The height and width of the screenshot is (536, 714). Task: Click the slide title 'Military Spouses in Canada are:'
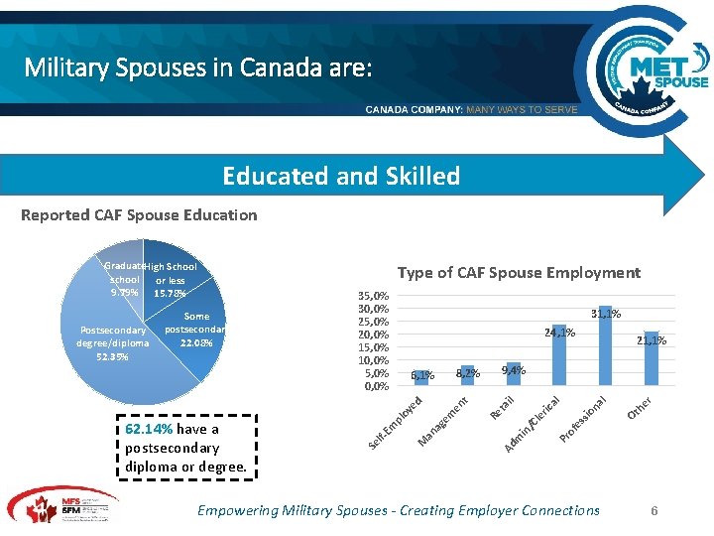[198, 68]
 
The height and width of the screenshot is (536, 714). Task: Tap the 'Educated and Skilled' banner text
[341, 176]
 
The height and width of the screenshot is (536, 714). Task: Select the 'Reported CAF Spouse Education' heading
[139, 214]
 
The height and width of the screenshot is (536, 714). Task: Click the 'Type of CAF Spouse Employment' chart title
[519, 272]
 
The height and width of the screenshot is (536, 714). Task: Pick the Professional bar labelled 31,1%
[606, 346]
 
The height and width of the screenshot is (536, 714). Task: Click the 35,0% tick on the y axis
[373, 296]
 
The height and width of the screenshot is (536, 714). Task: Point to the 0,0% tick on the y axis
[376, 386]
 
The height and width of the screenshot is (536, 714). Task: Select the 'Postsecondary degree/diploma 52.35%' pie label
[113, 343]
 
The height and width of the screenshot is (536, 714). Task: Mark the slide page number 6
[654, 510]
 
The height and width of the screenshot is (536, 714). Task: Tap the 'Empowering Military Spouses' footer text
[399, 510]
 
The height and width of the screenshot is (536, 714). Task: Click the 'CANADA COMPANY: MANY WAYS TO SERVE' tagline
[471, 109]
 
